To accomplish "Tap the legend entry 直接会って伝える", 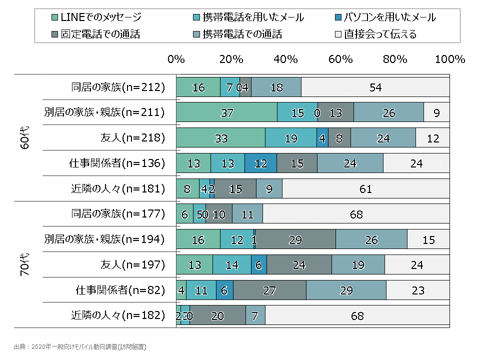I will [379, 34].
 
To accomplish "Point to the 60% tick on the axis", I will [340, 59].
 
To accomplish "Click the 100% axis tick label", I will [450, 59].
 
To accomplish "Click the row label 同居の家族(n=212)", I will [118, 87].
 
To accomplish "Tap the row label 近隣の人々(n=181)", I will [118, 188].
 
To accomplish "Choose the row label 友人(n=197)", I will [133, 264].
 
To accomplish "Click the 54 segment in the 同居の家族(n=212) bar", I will [375, 87].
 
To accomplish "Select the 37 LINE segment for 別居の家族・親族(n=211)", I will [226, 112].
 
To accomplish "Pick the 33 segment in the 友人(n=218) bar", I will [220, 138].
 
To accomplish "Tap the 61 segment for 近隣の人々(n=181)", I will [365, 188].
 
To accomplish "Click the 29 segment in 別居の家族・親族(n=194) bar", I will [295, 239].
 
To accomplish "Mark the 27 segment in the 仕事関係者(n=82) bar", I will [269, 290].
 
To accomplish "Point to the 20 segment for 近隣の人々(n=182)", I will [217, 315].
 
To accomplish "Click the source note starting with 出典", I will [80, 346].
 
